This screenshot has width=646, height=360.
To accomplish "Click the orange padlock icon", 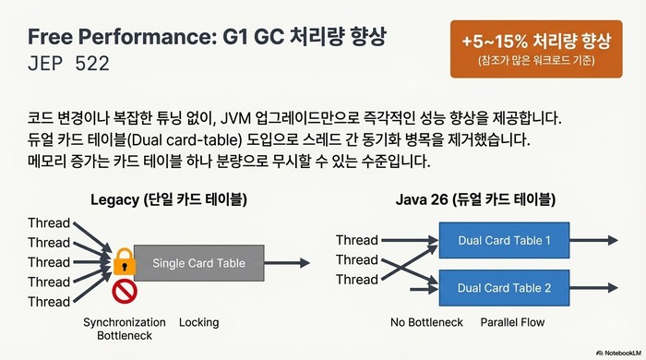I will [x=125, y=263].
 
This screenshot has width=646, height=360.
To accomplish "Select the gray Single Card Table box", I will [x=198, y=263].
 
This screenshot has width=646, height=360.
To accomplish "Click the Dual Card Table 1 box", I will [x=504, y=241].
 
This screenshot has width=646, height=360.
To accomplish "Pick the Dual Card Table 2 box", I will [x=504, y=287].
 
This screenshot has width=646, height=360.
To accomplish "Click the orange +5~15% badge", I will [x=535, y=49].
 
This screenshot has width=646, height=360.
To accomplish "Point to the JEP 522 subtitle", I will [x=68, y=66].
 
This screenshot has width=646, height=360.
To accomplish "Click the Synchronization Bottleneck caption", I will [x=125, y=330].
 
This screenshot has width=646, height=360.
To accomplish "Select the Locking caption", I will [x=199, y=322].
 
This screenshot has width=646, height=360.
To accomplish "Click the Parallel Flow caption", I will [x=513, y=322].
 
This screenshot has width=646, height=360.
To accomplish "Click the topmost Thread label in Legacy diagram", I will [x=49, y=223].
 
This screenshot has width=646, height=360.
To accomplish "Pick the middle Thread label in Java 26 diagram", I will [x=356, y=259].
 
